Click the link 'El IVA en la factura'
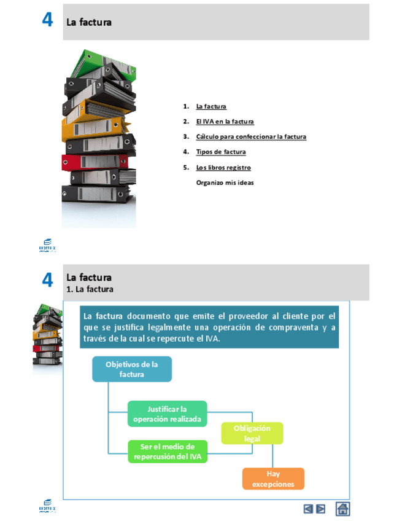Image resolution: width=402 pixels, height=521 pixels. [225, 122]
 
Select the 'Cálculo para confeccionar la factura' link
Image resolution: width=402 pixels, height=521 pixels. [251, 136]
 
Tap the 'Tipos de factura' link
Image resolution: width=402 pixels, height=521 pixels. [221, 152]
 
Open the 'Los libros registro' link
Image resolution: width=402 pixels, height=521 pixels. [223, 167]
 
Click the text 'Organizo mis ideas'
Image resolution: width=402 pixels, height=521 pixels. [225, 182]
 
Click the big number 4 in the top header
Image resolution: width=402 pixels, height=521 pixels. [47, 20]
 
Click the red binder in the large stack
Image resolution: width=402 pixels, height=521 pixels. [92, 162]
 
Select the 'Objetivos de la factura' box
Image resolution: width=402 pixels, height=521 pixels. [131, 369]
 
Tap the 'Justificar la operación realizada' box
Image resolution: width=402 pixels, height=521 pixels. [167, 414]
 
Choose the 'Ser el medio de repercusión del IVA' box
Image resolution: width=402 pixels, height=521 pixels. [167, 452]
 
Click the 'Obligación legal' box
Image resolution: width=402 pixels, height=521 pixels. [252, 433]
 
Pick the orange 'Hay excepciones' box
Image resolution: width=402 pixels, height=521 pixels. [273, 479]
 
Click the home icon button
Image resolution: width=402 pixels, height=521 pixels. [343, 509]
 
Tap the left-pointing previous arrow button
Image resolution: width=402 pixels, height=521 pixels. [308, 509]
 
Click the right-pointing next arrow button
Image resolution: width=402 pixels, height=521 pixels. [320, 509]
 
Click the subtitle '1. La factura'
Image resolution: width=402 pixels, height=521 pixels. [90, 289]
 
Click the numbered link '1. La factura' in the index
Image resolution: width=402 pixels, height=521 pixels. [211, 106]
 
